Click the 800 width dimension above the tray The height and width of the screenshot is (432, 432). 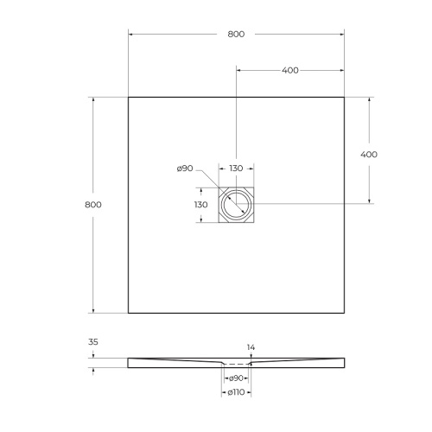click(236, 34)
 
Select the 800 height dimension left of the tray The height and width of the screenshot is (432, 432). click(94, 205)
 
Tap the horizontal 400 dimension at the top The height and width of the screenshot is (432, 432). click(289, 70)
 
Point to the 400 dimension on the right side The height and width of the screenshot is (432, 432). click(369, 153)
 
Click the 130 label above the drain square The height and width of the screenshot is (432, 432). click(235, 169)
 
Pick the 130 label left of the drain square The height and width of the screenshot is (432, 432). click(200, 205)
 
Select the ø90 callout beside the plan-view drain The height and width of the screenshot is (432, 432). click(184, 169)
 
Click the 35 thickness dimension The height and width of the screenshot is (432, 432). click(93, 342)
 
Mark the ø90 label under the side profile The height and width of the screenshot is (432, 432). click(235, 378)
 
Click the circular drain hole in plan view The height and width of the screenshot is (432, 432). click(235, 205)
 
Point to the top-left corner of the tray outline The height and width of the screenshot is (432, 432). click(129, 97)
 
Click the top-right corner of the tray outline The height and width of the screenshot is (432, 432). click(344, 97)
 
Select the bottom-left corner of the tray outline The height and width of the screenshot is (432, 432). click(129, 313)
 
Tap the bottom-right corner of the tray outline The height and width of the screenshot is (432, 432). click(344, 313)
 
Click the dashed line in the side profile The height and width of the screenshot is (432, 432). click(235, 364)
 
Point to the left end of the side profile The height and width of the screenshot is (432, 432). click(130, 362)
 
